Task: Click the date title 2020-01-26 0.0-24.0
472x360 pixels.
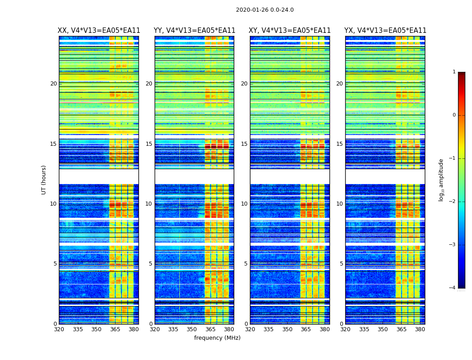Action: click(265, 10)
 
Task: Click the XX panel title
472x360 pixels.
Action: click(99, 31)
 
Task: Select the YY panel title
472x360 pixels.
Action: click(194, 31)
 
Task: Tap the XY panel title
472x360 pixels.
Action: click(290, 31)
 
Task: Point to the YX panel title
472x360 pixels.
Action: click(385, 31)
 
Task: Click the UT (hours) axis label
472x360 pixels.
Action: click(44, 180)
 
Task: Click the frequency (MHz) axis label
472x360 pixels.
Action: click(217, 338)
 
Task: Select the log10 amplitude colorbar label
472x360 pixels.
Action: click(441, 180)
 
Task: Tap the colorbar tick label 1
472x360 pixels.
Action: click(454, 72)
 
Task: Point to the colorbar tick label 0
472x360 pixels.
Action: click(454, 115)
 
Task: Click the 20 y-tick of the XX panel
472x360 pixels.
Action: click(53, 84)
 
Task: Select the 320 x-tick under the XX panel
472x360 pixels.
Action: click(59, 329)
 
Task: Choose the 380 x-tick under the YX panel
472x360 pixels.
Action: click(420, 329)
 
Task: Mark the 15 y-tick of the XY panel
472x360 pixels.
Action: click(244, 144)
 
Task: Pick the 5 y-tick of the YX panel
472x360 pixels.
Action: click(341, 264)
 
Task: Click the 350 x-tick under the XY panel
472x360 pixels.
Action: click(287, 329)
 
